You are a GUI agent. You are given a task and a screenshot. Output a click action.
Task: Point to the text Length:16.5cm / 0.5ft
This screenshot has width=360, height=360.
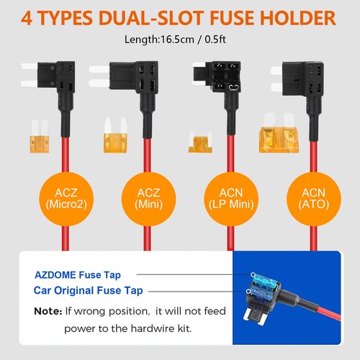tap(179, 42)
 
